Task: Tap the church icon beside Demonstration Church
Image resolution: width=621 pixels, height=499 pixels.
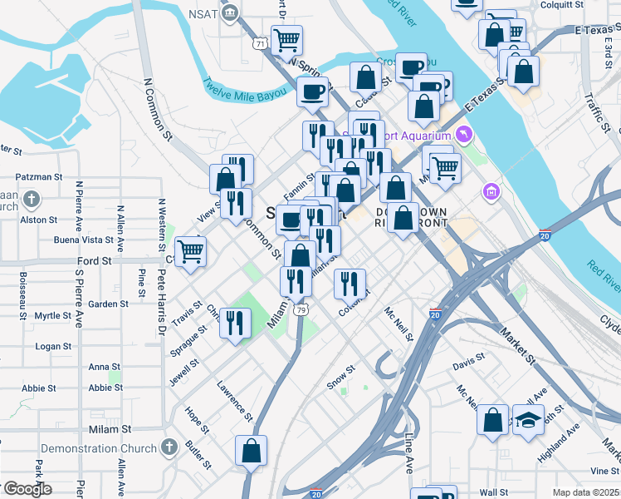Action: [x=170, y=447]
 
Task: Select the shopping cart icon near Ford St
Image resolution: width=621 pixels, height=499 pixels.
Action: [x=190, y=250]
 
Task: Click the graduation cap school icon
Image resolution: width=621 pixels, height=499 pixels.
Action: [x=527, y=419]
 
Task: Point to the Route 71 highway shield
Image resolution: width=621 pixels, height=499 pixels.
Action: [x=261, y=43]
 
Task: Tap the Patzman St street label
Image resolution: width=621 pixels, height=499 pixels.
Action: [x=39, y=177]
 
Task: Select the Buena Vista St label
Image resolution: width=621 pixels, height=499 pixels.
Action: [x=83, y=240]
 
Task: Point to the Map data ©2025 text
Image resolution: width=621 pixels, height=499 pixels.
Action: [x=585, y=492]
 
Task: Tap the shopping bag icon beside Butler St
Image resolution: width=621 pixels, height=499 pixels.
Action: [x=251, y=452]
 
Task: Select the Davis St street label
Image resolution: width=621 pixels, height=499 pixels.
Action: [x=468, y=366]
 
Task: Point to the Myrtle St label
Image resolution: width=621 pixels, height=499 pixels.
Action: [x=53, y=316]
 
